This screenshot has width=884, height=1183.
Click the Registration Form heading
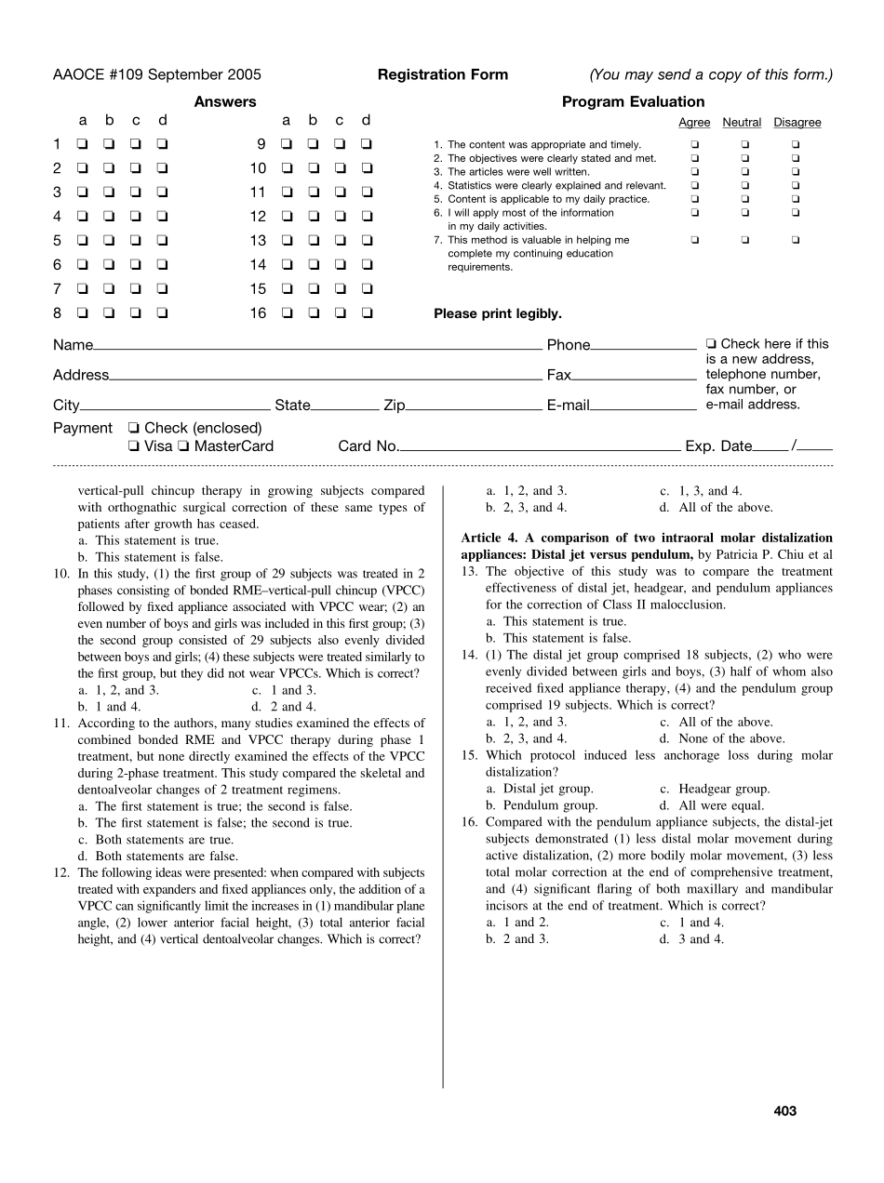click(443, 75)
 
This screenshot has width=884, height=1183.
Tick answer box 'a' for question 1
click(83, 144)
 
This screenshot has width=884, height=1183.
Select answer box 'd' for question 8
click(163, 313)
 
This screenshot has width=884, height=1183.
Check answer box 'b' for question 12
click(314, 217)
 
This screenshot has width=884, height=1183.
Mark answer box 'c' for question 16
click(341, 313)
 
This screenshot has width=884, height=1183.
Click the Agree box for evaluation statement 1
click(694, 145)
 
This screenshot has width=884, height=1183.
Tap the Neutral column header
click(742, 123)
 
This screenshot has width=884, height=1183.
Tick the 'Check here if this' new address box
click(712, 344)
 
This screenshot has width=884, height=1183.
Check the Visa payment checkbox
click(135, 446)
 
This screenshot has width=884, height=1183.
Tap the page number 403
click(785, 1110)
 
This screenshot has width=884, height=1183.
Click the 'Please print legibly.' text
click(498, 314)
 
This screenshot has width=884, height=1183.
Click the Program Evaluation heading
click(633, 102)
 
